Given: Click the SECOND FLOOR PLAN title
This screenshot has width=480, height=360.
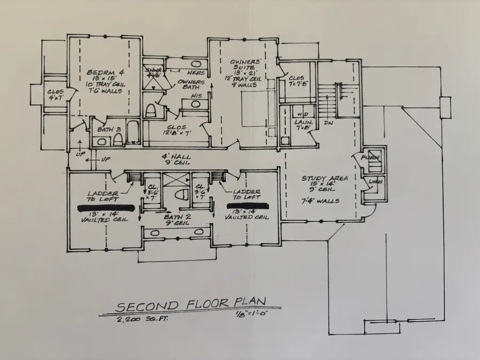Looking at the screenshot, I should click(197, 306).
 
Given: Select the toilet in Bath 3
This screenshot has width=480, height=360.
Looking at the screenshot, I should click(117, 140).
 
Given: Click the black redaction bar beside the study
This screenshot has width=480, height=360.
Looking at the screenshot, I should click(246, 205).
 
